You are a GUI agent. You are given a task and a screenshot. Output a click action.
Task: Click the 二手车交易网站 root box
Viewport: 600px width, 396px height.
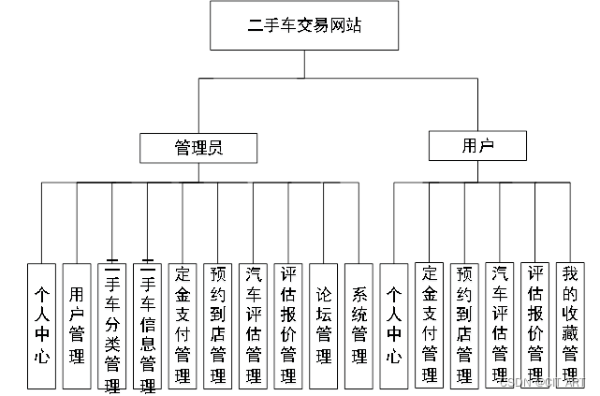click(304, 25)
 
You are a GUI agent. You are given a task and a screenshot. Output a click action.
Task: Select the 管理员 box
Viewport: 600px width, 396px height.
click(198, 147)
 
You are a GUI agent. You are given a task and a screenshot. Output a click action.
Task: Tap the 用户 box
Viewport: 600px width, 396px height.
click(477, 145)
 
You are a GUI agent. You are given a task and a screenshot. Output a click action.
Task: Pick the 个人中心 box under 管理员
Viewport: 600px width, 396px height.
click(40, 325)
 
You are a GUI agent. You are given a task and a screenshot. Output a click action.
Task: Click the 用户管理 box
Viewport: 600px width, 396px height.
click(76, 325)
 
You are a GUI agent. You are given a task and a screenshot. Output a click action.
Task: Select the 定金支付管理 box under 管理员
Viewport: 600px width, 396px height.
click(183, 325)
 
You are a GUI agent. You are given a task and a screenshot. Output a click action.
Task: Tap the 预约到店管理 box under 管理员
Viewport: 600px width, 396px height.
click(217, 325)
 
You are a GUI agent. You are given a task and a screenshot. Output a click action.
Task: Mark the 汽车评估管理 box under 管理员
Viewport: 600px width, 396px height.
click(253, 325)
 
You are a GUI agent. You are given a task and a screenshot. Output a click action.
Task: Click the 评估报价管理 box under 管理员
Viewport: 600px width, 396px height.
click(288, 325)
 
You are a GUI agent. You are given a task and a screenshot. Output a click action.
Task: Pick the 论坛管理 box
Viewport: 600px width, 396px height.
click(324, 325)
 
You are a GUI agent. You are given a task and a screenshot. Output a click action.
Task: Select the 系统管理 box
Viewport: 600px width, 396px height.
click(359, 325)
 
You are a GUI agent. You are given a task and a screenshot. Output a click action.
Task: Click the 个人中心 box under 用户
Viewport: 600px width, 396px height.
click(394, 325)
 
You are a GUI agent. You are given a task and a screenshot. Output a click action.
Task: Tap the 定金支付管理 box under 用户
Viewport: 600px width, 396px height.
click(430, 325)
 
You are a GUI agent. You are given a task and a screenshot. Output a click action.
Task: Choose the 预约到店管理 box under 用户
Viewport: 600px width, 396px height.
click(464, 325)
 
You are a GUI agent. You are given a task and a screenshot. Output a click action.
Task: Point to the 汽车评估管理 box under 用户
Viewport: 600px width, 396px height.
click(500, 325)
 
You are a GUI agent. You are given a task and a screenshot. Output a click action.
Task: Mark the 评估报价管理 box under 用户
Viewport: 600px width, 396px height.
click(535, 325)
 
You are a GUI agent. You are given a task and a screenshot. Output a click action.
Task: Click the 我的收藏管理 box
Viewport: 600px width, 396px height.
click(570, 325)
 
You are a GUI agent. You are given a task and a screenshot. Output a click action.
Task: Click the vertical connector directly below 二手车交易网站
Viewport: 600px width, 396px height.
click(304, 64)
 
